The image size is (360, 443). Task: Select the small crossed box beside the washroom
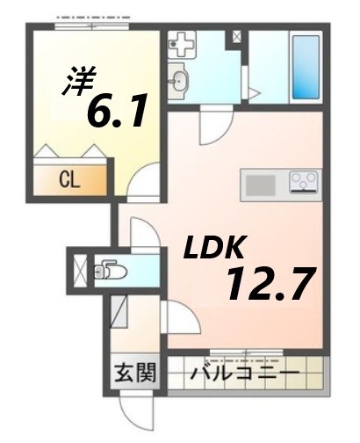pyautogui.click(x=235, y=39)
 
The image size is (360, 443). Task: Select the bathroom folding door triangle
pyautogui.click(x=252, y=91)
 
